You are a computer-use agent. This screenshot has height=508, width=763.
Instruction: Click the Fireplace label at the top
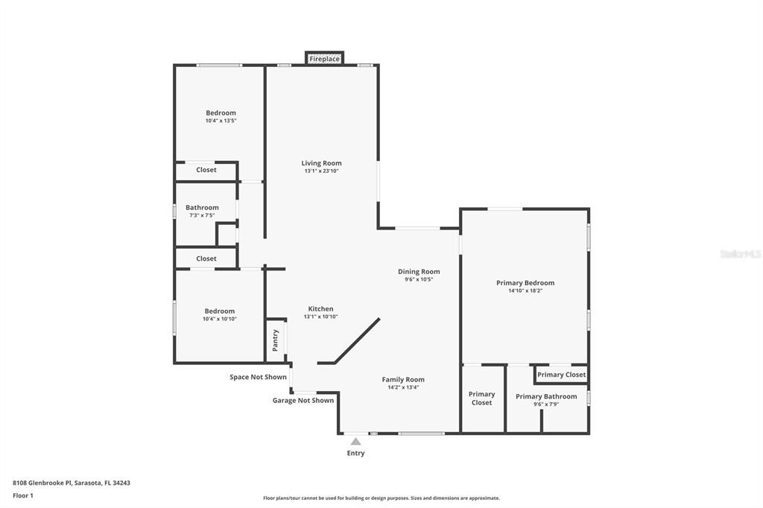(324, 59)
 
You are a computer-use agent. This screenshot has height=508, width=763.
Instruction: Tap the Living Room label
(321, 163)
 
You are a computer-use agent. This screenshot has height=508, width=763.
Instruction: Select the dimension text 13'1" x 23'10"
(321, 171)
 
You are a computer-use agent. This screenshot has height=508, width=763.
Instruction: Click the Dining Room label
(419, 272)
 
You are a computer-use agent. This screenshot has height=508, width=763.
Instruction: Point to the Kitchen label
(321, 308)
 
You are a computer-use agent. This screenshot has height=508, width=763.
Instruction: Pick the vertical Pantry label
(276, 340)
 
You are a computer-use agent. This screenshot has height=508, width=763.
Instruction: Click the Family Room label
(403, 379)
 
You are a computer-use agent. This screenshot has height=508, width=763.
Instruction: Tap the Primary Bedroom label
(525, 283)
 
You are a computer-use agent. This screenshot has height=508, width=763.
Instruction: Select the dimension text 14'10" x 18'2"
(525, 291)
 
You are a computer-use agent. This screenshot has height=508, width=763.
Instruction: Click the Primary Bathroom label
(546, 396)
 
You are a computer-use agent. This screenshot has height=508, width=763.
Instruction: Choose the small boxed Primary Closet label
(561, 375)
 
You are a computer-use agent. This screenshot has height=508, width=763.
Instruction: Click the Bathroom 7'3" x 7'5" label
(202, 208)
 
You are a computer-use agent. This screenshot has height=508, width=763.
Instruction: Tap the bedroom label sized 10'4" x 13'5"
(221, 113)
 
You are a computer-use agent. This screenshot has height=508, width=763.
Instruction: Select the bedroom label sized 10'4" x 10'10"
(220, 311)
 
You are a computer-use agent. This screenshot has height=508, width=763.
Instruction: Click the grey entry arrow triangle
(355, 442)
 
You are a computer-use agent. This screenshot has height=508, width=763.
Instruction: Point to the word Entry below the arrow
(355, 453)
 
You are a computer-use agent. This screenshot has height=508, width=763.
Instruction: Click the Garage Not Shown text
(303, 401)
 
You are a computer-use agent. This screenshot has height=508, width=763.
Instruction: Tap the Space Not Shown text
(258, 377)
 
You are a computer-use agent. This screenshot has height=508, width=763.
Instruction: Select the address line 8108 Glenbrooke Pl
(72, 483)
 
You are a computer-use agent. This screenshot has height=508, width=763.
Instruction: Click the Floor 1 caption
(23, 495)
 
